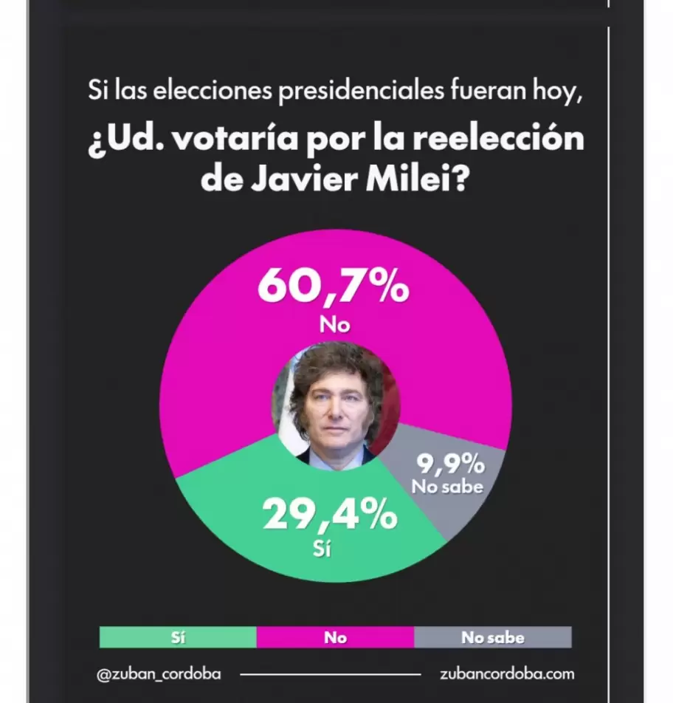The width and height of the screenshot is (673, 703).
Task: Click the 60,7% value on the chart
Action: (x=333, y=287)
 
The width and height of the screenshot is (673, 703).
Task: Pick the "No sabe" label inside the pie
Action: (x=447, y=487)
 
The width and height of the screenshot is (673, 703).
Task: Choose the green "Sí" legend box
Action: (x=178, y=637)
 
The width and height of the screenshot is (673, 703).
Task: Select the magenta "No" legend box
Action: (x=335, y=637)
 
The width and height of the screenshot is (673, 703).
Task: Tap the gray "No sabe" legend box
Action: (x=492, y=637)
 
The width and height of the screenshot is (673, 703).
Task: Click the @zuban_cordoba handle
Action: (x=159, y=673)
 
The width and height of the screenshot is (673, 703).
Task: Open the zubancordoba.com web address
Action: (x=506, y=673)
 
